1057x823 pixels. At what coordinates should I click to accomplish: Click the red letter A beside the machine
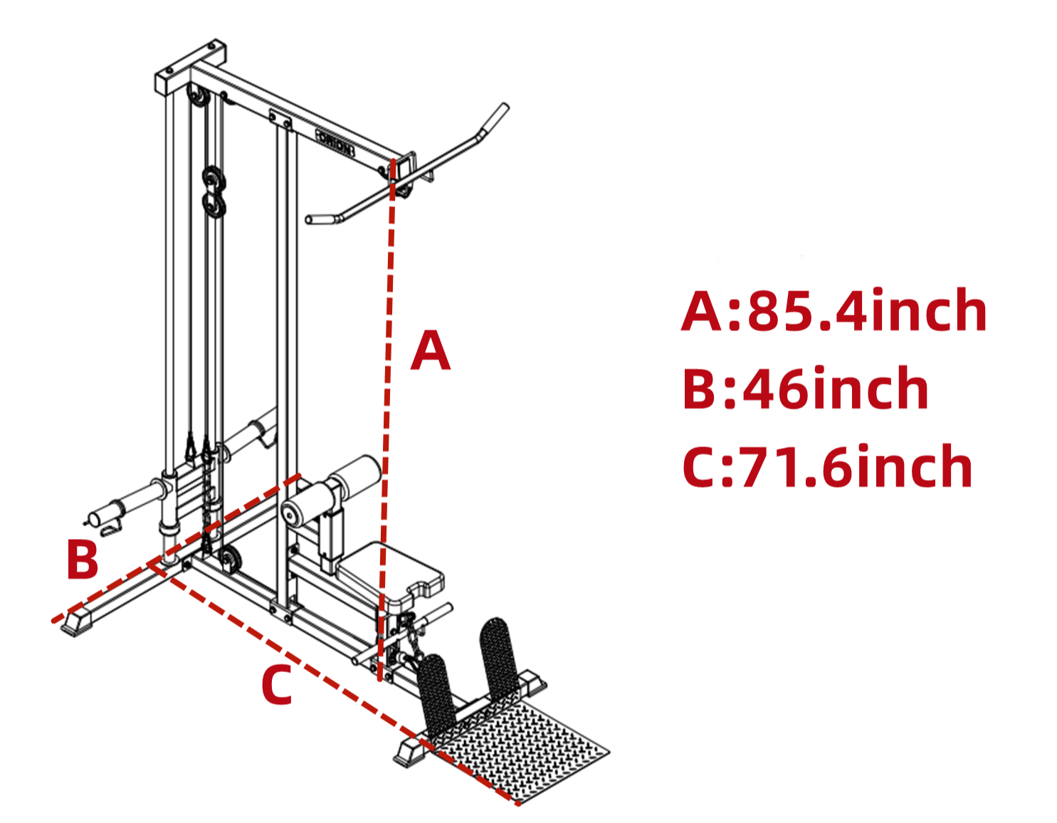tap(430, 351)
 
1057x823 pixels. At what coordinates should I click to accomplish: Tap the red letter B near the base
tap(83, 559)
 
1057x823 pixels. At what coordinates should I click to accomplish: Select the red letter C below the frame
tap(277, 685)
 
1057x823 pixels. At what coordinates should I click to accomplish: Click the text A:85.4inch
tap(833, 310)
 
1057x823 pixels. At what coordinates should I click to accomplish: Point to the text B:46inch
tap(805, 388)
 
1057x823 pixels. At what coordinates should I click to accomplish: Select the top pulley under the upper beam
tap(196, 97)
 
